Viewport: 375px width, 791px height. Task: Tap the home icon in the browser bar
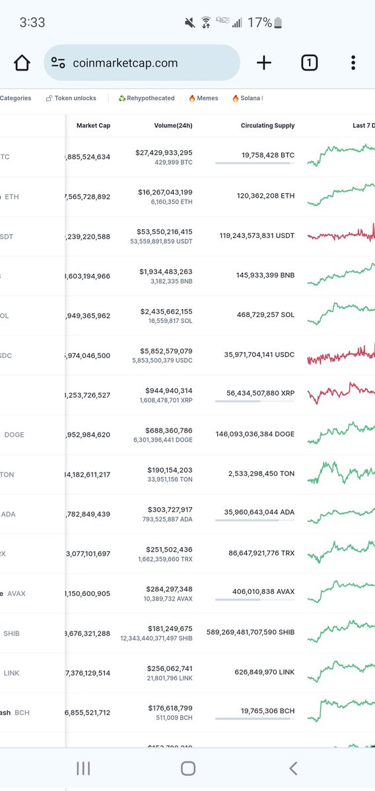pyautogui.click(x=22, y=63)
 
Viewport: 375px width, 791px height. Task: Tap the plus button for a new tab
pyautogui.click(x=264, y=63)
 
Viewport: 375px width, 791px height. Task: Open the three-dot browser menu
pyautogui.click(x=353, y=63)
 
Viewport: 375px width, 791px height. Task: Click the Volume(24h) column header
pyautogui.click(x=170, y=126)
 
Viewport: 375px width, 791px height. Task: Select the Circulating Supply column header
pyautogui.click(x=267, y=126)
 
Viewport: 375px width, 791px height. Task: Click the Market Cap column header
pyautogui.click(x=93, y=126)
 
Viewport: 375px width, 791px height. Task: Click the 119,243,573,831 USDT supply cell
pyautogui.click(x=257, y=235)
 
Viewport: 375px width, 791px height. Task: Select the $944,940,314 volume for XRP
pyautogui.click(x=170, y=391)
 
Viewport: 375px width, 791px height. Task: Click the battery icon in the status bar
pyautogui.click(x=278, y=23)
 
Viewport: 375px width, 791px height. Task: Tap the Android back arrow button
pyautogui.click(x=293, y=768)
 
